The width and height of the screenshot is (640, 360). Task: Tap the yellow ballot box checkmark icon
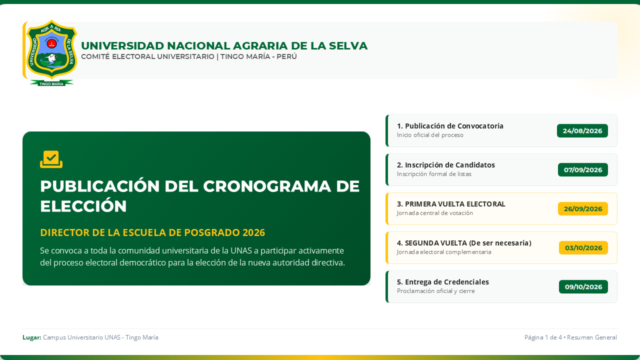pyautogui.click(x=51, y=159)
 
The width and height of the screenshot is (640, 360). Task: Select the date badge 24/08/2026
pyautogui.click(x=582, y=131)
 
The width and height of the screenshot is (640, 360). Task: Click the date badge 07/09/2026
pyautogui.click(x=583, y=169)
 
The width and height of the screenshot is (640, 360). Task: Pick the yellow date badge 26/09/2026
pyautogui.click(x=583, y=209)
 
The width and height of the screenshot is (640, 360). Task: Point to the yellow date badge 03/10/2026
pyautogui.click(x=583, y=247)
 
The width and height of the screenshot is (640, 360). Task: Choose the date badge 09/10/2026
pyautogui.click(x=583, y=287)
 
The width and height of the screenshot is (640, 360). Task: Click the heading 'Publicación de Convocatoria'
pyautogui.click(x=454, y=126)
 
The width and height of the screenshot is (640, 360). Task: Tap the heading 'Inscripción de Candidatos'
pyautogui.click(x=449, y=165)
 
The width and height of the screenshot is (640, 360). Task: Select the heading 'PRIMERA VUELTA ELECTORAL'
pyautogui.click(x=455, y=204)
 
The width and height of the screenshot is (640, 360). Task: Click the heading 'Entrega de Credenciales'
pyautogui.click(x=447, y=282)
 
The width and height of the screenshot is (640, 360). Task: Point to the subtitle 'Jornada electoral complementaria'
pyautogui.click(x=444, y=252)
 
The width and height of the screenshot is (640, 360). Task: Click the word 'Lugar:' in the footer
pyautogui.click(x=31, y=337)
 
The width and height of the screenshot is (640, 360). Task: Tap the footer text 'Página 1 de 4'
pyautogui.click(x=543, y=337)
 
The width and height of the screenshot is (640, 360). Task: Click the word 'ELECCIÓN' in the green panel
pyautogui.click(x=83, y=206)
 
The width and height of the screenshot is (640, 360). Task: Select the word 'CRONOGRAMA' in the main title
pyautogui.click(x=267, y=186)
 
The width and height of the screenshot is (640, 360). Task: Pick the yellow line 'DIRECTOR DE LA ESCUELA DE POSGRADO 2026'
pyautogui.click(x=152, y=232)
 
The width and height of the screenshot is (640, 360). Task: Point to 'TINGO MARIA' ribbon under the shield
pyautogui.click(x=51, y=83)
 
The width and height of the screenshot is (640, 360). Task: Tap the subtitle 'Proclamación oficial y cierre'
pyautogui.click(x=435, y=291)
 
